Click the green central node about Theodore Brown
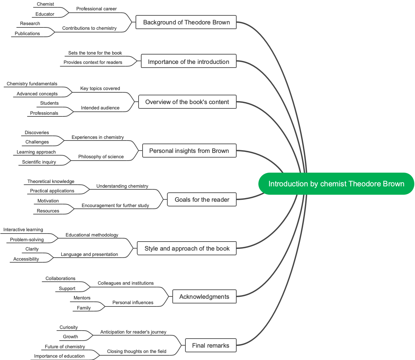tap(336, 184)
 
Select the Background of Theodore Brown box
tap(186, 22)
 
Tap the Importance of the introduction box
tap(188, 62)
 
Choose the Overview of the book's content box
tap(187, 102)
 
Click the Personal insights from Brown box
tap(189, 151)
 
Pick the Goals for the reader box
tap(202, 200)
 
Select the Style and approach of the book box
tap(187, 249)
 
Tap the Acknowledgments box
tap(204, 297)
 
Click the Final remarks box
tap(211, 346)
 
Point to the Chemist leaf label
tap(46, 4)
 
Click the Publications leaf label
tap(27, 34)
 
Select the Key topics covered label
tap(100, 89)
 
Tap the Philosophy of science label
tap(101, 157)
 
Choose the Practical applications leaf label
tap(52, 191)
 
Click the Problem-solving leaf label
tap(27, 240)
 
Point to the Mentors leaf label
tap(82, 298)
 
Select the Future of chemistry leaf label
tap(65, 347)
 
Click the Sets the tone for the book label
tap(95, 53)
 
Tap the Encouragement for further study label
tap(115, 206)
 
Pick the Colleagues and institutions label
tap(126, 283)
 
